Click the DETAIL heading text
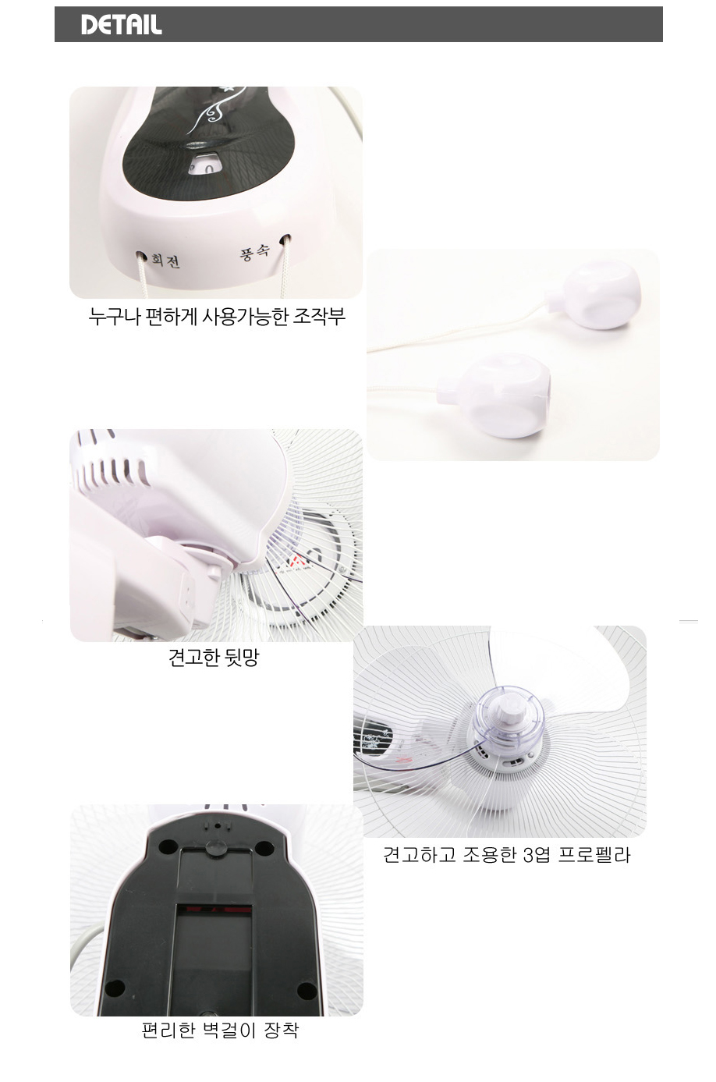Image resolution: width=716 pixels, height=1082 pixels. click(121, 25)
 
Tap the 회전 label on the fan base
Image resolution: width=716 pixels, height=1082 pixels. click(165, 261)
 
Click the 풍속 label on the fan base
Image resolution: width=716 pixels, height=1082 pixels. click(254, 252)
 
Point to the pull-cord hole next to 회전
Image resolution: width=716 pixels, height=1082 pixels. click(141, 254)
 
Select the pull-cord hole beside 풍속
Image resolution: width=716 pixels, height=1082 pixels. click(285, 239)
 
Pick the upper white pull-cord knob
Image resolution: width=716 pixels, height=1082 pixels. click(594, 293)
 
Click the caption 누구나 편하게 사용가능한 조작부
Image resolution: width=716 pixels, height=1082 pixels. click(217, 317)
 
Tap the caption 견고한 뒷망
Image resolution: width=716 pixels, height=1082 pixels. click(214, 658)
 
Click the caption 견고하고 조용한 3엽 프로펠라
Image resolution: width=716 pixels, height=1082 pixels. click(507, 855)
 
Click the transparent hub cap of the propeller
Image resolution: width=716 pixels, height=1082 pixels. click(509, 715)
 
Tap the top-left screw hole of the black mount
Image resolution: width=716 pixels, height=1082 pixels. click(168, 846)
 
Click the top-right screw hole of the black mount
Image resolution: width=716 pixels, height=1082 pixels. click(264, 846)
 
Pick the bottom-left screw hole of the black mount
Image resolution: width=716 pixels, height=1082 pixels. click(115, 988)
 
